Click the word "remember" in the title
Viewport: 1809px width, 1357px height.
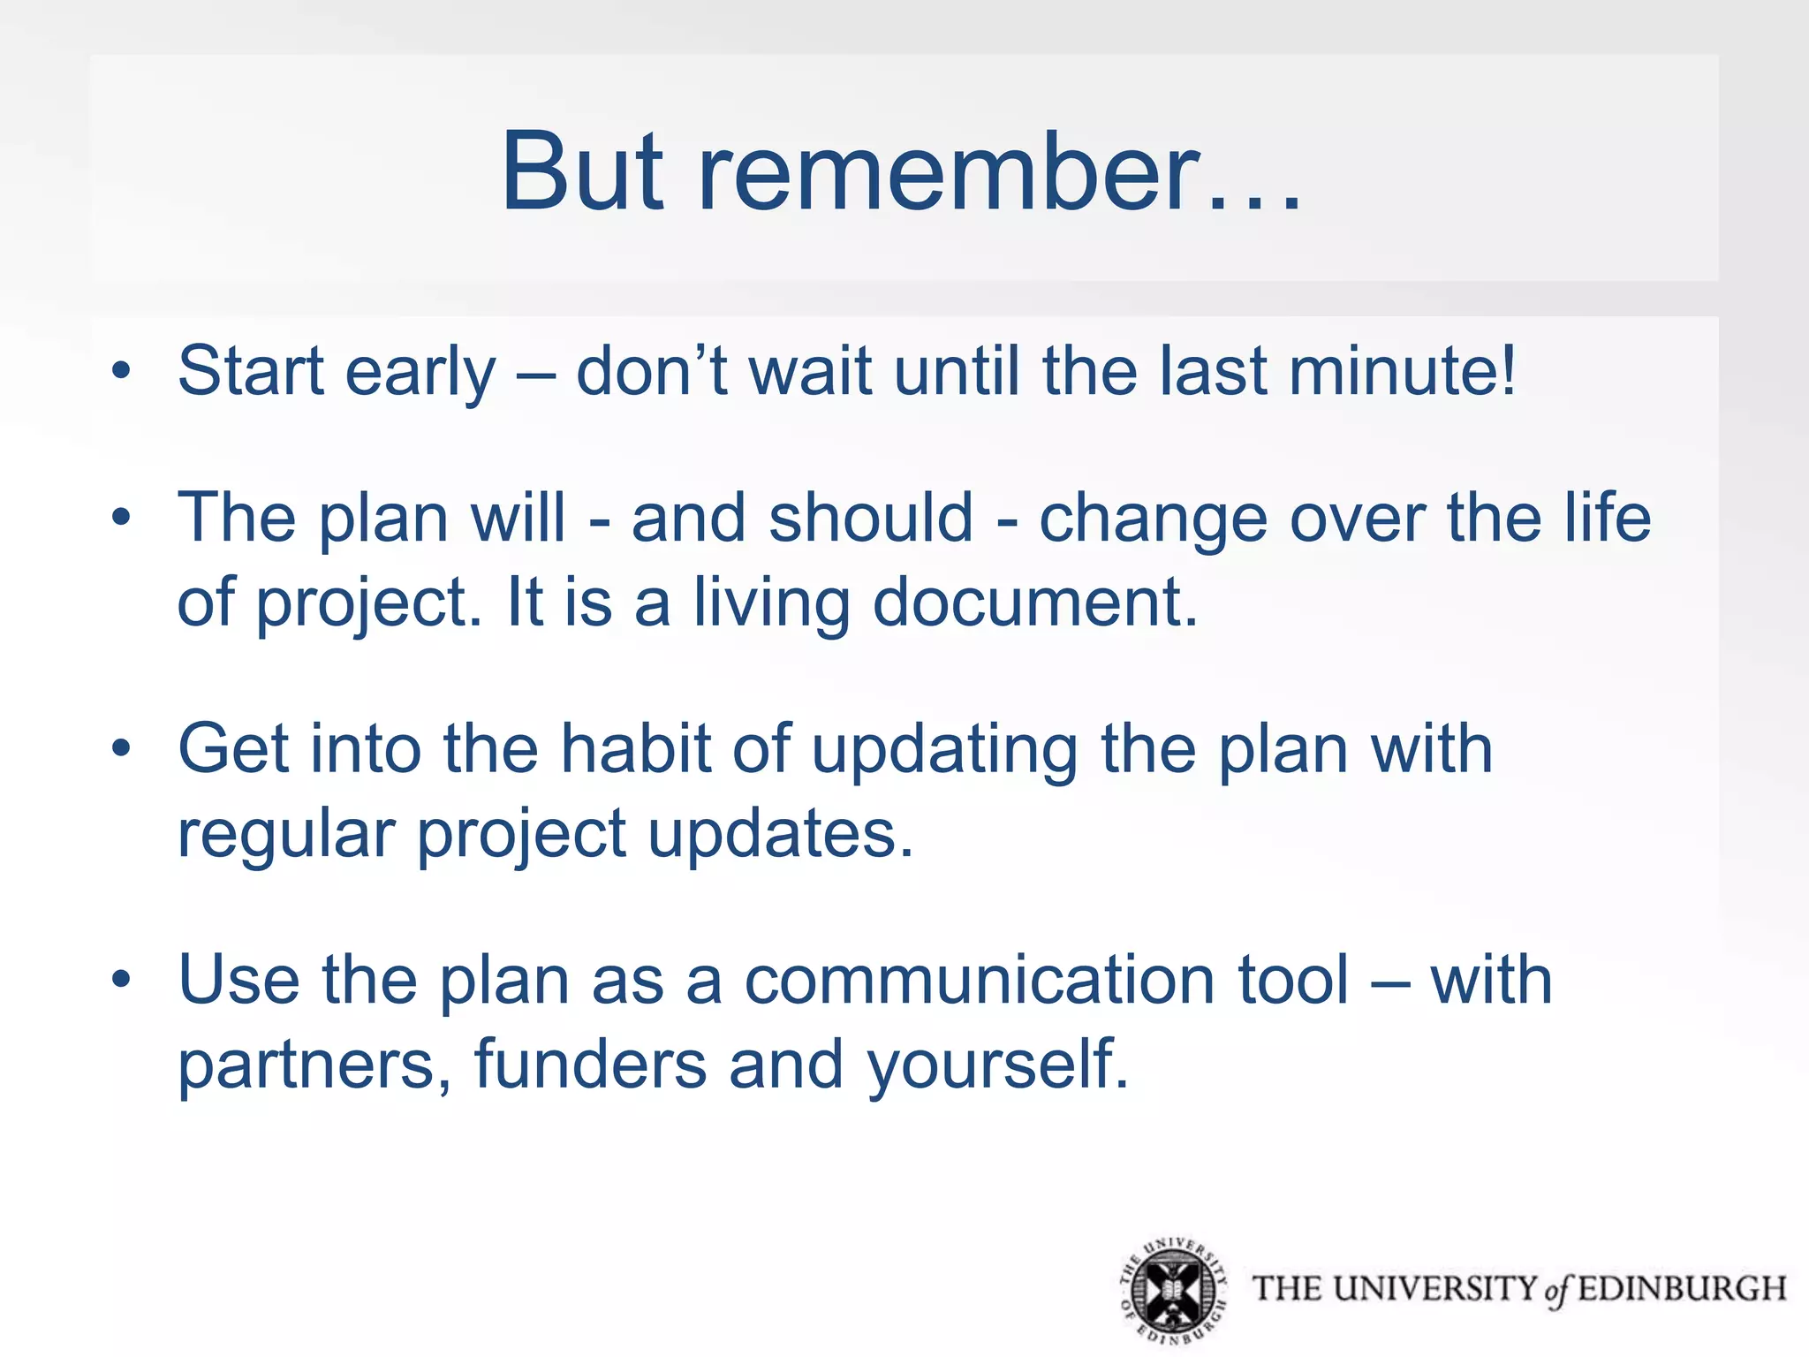coord(950,172)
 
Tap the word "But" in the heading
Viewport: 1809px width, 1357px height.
coord(581,172)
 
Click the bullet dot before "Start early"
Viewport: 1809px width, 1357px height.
coord(121,370)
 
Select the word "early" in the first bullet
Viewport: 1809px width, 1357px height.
coord(420,374)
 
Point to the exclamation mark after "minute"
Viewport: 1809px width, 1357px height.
coord(1507,369)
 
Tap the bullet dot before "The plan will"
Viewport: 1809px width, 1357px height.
coord(121,517)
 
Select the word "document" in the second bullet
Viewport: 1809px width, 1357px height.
coord(1034,603)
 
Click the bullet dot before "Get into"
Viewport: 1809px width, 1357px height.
coord(121,749)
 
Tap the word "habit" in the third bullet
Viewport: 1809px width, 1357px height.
coord(636,749)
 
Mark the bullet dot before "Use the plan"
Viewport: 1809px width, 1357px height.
coord(121,980)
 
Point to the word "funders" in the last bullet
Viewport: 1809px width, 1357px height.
coord(590,1065)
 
